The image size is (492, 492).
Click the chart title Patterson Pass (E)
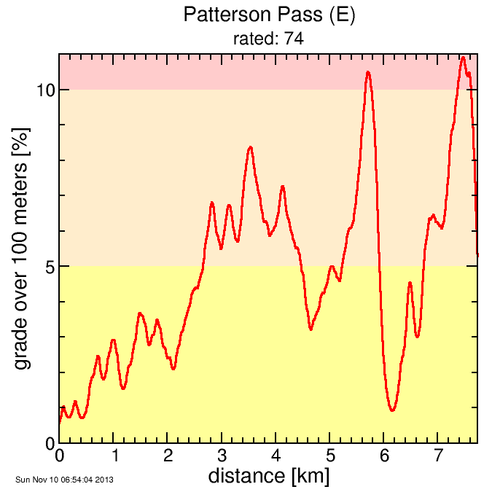click(x=268, y=15)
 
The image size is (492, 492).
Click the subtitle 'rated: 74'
click(x=268, y=39)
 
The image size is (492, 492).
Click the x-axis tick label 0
click(x=59, y=457)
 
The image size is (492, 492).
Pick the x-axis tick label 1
click(x=114, y=457)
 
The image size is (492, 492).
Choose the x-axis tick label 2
click(x=168, y=457)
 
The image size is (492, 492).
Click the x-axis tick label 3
click(x=222, y=457)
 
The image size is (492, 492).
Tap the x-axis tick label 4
click(x=276, y=457)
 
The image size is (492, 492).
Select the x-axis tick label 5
click(x=330, y=457)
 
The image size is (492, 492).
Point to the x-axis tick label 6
click(x=384, y=457)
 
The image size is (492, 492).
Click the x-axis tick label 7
click(x=438, y=457)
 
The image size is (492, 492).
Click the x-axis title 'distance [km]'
click(x=268, y=477)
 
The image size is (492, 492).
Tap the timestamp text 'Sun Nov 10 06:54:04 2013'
click(x=64, y=480)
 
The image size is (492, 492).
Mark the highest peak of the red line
click(x=463, y=57)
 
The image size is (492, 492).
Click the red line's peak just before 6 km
click(x=368, y=71)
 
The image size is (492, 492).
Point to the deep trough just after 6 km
click(x=392, y=410)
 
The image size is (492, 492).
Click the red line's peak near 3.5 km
click(x=250, y=147)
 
